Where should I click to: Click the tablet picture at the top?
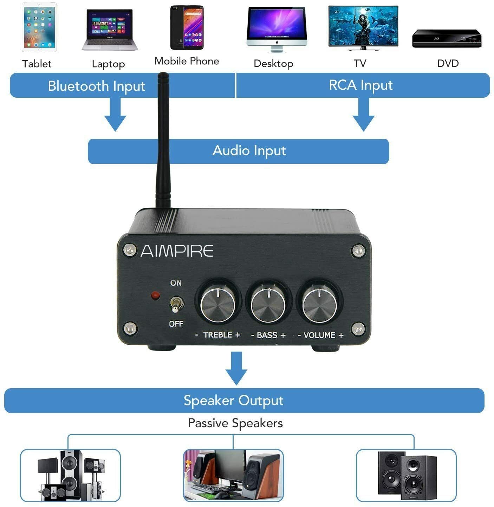click(x=39, y=27)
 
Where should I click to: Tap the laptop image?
click(x=110, y=30)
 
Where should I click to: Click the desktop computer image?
click(x=277, y=29)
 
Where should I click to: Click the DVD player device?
click(x=447, y=38)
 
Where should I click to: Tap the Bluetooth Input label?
click(x=97, y=86)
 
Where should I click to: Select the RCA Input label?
click(x=360, y=85)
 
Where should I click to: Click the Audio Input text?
click(x=249, y=150)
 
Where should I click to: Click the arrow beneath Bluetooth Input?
click(x=115, y=115)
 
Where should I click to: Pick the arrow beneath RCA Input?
click(x=363, y=115)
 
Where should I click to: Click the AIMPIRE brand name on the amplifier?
click(x=177, y=251)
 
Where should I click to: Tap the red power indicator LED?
click(x=155, y=295)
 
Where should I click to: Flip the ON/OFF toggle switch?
click(x=175, y=304)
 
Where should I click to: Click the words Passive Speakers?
click(x=235, y=423)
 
